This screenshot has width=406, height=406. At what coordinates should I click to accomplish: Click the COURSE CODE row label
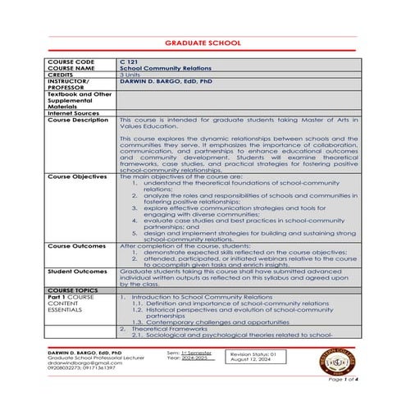coord(71,62)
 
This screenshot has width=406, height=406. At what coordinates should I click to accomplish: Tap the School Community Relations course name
coord(166,68)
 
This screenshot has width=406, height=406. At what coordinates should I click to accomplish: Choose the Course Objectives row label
coord(76,176)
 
